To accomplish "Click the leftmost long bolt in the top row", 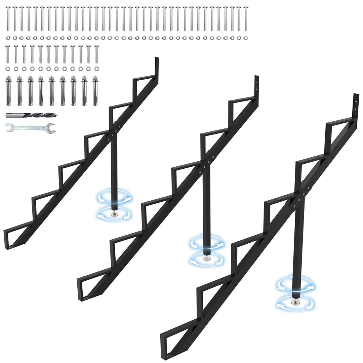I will coord(8,18).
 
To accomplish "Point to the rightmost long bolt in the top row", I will coord(246,18).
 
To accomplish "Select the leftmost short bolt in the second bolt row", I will coord(7,54).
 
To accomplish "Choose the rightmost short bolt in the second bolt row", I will coord(96,54).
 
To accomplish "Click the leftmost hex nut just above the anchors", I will coord(7,69).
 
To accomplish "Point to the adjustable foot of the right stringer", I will coord(295,302).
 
